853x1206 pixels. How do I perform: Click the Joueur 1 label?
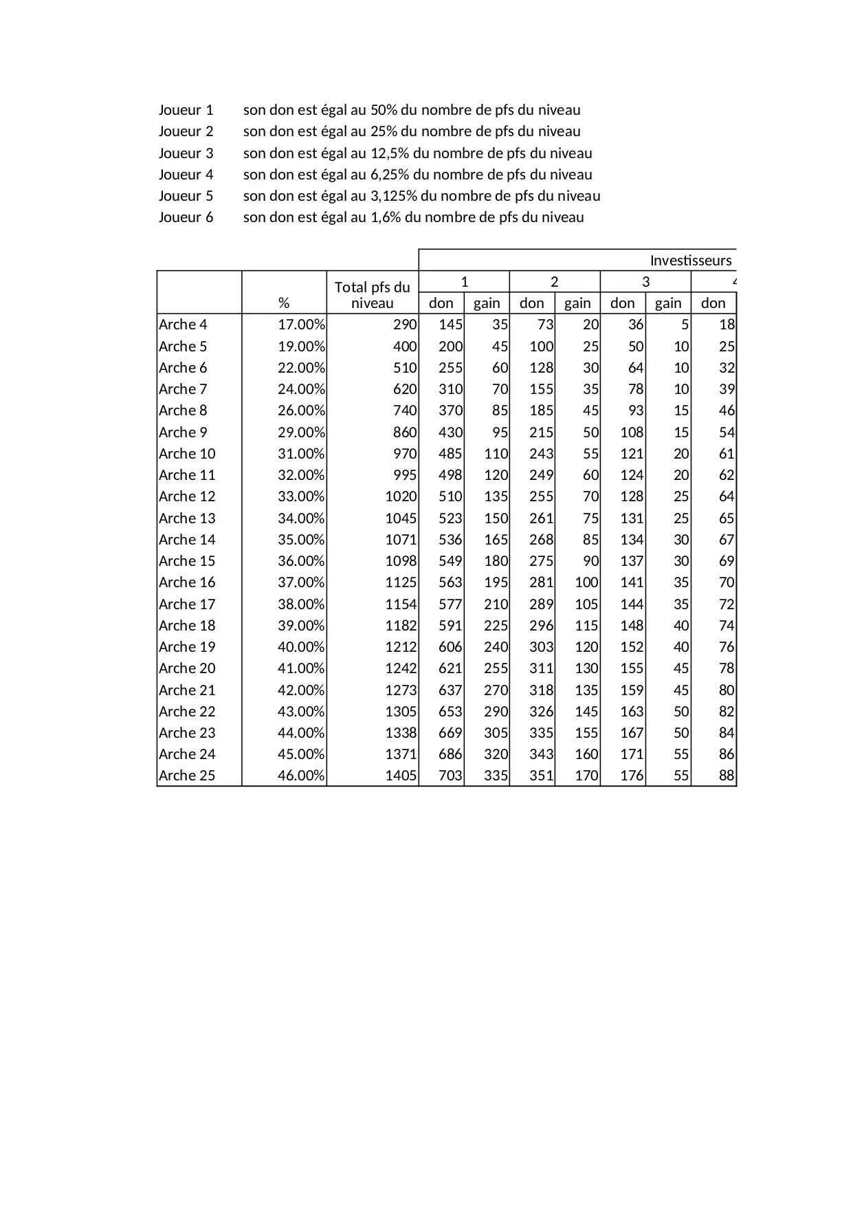click(186, 110)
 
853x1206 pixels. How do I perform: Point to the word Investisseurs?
click(690, 261)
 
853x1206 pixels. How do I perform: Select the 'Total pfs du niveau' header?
click(372, 295)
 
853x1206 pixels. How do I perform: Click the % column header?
click(284, 303)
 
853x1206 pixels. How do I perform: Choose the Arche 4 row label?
click(183, 325)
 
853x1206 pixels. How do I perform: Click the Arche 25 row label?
click(187, 776)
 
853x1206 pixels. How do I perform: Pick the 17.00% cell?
click(301, 325)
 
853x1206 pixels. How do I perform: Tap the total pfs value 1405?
click(401, 776)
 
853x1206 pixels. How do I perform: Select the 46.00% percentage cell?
click(301, 776)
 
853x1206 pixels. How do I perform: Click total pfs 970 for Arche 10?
click(404, 454)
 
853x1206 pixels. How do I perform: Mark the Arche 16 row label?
click(187, 582)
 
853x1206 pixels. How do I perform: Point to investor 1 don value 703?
click(450, 776)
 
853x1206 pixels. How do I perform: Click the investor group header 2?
click(555, 282)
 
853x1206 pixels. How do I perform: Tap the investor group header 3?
click(645, 282)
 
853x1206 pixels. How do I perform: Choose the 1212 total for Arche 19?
click(401, 647)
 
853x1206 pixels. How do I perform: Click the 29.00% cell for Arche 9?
click(301, 432)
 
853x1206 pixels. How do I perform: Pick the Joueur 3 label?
click(186, 153)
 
